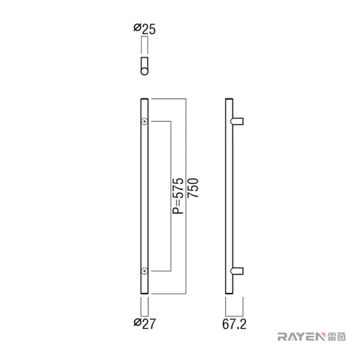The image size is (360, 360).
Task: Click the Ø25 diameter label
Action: pos(144,29)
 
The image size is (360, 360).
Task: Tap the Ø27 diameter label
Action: pos(144,323)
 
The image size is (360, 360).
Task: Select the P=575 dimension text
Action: pos(179,196)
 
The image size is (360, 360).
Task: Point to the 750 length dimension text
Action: pos(193,188)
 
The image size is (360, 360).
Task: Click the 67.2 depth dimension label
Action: pos(234,324)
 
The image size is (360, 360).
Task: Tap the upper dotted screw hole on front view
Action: pos(144,121)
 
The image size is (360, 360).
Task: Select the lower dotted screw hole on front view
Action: pos(144,271)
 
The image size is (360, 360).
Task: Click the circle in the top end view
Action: pos(144,71)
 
